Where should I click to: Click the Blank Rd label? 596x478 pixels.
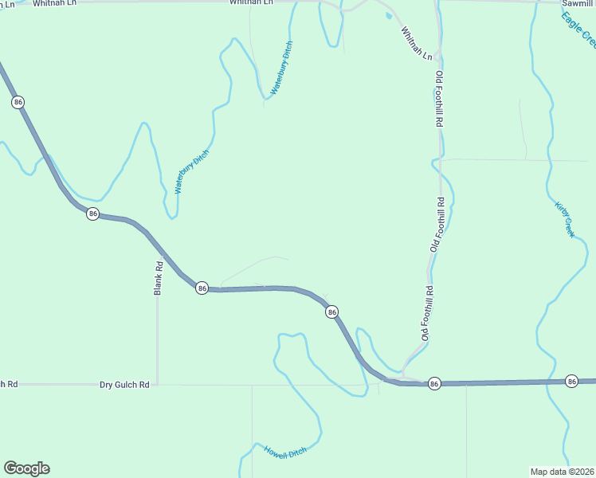point(158,279)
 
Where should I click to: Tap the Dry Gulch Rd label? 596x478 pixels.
point(124,385)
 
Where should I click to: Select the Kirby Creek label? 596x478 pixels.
point(564,218)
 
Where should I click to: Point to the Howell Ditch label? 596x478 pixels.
point(285,452)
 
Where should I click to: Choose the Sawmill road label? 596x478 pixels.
point(578,4)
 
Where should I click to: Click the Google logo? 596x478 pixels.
point(26,468)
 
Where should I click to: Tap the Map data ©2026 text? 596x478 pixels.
point(563,471)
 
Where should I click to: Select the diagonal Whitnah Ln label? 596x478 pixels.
point(417,44)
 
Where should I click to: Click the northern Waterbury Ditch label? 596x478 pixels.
point(281,69)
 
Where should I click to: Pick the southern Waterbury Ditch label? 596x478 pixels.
point(191,172)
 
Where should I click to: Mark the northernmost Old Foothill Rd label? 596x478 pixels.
point(438,99)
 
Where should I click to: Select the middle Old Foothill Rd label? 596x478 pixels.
point(437,225)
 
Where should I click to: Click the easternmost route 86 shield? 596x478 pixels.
point(571,382)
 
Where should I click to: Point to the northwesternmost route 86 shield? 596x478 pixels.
point(18,102)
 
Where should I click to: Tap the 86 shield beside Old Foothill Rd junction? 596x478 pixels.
point(433,383)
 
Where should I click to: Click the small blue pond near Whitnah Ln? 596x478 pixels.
point(388,14)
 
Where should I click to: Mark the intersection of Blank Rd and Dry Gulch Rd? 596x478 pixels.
point(158,385)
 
